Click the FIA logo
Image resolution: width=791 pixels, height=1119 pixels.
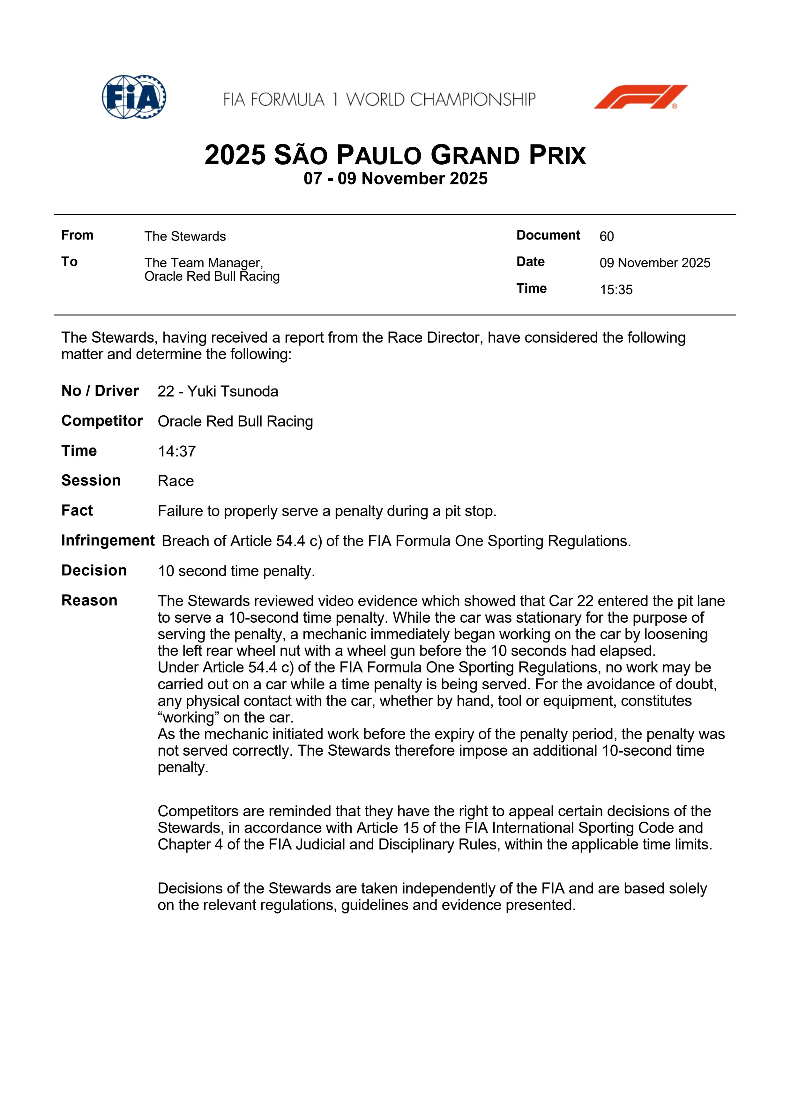pos(134,97)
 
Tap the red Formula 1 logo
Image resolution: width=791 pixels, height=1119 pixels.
pos(640,97)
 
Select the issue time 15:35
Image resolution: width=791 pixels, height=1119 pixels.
pos(616,290)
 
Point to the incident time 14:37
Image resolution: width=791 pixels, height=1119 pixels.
pos(176,451)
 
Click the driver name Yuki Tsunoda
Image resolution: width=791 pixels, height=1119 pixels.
pos(233,391)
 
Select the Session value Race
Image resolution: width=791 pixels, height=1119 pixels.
pos(175,481)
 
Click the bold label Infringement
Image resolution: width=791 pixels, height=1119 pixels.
pos(108,540)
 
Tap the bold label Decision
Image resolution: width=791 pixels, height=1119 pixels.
pos(94,570)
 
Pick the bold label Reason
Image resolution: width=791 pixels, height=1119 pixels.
pos(89,600)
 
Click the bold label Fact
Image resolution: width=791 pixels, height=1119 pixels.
pos(77,510)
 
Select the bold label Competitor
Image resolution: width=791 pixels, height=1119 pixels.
pos(102,421)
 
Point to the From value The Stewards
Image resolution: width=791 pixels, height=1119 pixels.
pos(185,236)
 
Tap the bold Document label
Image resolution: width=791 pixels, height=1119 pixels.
pos(548,235)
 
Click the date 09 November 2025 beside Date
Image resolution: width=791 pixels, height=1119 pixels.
pos(654,263)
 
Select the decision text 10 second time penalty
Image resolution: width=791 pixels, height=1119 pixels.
pos(236,571)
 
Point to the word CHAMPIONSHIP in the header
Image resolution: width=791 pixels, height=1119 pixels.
pos(472,100)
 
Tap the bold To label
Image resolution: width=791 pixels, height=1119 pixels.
pos(69,262)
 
